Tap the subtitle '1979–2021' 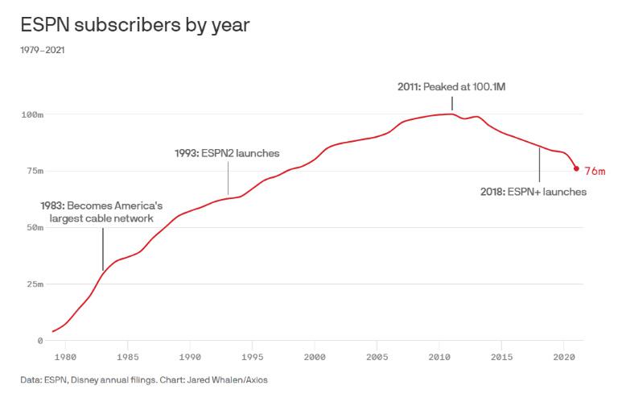[43, 51]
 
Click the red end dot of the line [576, 168]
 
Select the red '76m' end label [594, 171]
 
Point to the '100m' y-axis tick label [32, 115]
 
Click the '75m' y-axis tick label [35, 172]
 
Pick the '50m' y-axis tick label [35, 228]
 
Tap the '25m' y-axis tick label [35, 284]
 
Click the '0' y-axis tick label [39, 341]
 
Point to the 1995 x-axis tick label [253, 355]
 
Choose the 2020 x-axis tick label [564, 355]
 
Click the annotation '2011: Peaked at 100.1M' [451, 85]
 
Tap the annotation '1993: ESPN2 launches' [228, 152]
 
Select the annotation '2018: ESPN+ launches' [533, 192]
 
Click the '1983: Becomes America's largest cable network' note [101, 211]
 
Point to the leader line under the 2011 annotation [452, 102]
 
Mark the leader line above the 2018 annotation [539, 165]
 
